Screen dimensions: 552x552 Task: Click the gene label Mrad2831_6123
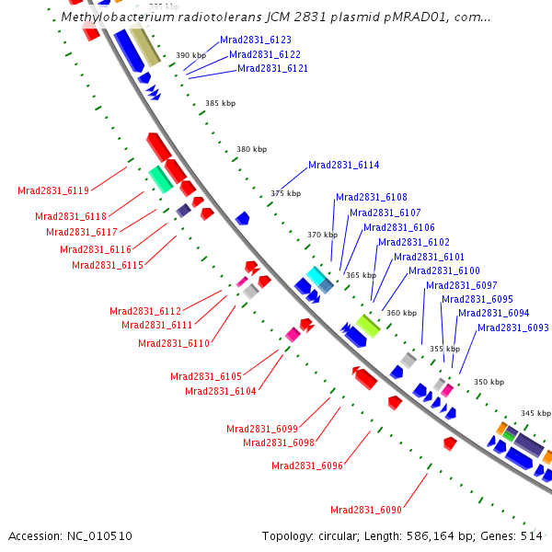click(x=256, y=40)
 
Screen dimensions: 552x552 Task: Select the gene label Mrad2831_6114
click(x=343, y=166)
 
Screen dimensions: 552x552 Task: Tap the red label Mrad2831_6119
click(x=53, y=191)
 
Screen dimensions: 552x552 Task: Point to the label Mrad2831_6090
click(x=366, y=511)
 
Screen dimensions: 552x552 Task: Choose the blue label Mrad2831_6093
click(x=512, y=328)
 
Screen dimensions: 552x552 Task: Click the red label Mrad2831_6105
click(x=206, y=376)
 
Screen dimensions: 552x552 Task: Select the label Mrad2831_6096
click(x=307, y=466)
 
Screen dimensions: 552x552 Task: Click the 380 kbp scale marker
click(x=251, y=149)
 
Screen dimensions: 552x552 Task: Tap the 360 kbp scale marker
click(x=401, y=314)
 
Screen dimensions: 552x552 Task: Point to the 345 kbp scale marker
click(x=534, y=414)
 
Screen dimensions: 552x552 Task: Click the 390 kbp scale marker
click(x=190, y=56)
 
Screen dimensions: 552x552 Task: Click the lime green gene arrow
click(x=369, y=325)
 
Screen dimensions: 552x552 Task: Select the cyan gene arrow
click(x=316, y=275)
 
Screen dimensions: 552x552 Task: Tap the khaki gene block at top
click(x=144, y=45)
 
